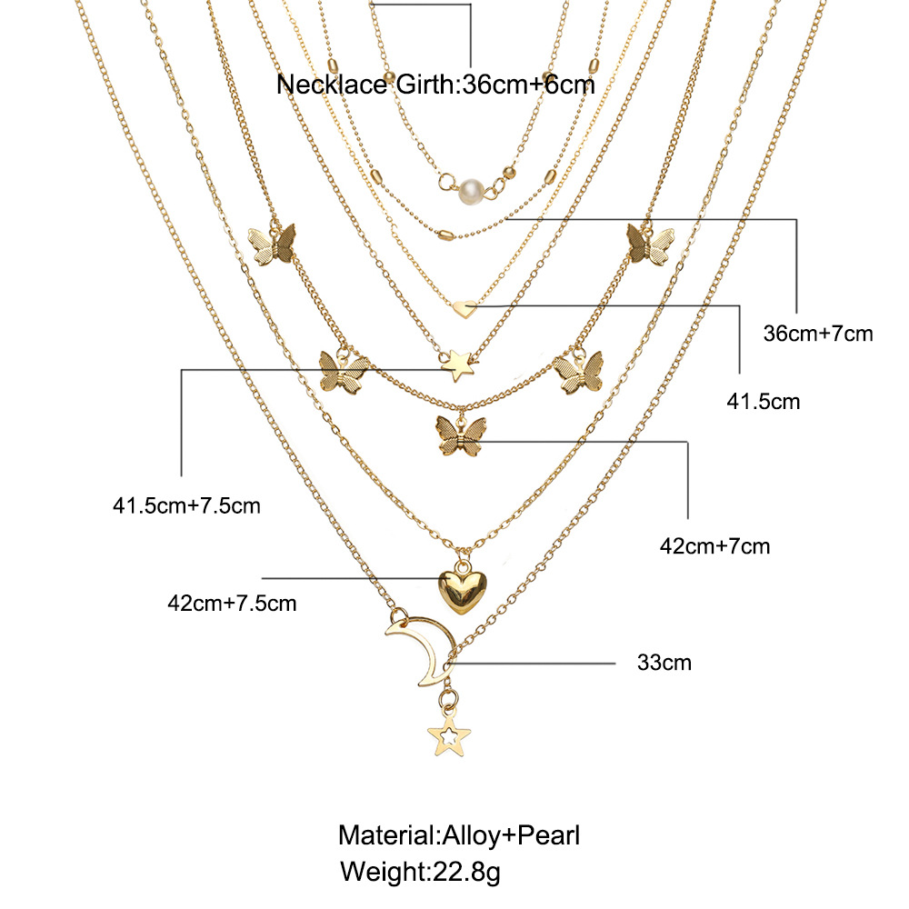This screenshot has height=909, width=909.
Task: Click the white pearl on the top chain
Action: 471,191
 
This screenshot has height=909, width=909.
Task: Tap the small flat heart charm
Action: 464,308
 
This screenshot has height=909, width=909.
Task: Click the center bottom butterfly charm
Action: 460,435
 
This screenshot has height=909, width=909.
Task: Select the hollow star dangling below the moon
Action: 449,736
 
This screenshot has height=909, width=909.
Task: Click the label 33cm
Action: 664,662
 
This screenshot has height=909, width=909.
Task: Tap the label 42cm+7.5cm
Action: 232,603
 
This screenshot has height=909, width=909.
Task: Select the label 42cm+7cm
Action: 714,546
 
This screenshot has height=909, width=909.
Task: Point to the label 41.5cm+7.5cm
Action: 186,505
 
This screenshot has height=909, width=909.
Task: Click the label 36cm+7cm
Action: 818,334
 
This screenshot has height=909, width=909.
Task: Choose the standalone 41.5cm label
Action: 764,401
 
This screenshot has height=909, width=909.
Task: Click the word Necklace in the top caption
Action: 332,85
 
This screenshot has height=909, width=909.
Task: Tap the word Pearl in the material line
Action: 548,835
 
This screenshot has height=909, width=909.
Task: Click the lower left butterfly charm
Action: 344,372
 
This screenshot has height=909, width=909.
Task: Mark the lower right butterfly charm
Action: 578,372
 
